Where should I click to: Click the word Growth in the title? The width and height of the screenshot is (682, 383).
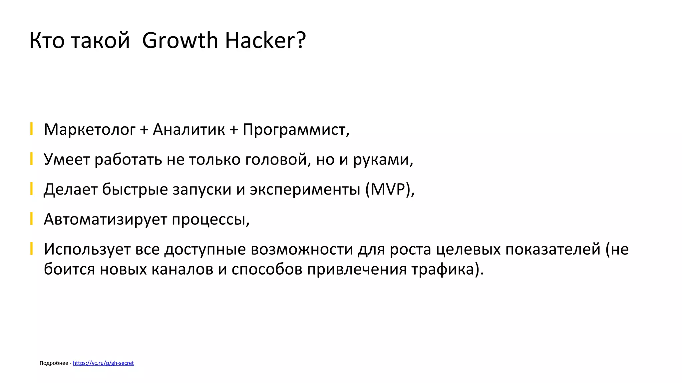pos(180,41)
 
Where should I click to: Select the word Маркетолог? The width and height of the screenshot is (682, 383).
pos(90,129)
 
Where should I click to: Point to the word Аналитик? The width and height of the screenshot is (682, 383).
pos(189,129)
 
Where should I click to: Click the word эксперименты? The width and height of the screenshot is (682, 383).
pos(305,190)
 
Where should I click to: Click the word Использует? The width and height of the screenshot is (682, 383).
pos(87,249)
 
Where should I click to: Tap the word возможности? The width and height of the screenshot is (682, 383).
pos(302,249)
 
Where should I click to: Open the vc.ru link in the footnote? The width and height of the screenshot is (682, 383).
pos(103,363)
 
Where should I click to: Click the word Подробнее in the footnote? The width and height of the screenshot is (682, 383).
pos(54,363)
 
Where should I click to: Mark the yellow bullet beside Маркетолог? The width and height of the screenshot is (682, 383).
pos(31,129)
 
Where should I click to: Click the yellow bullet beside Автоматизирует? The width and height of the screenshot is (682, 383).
pos(31,218)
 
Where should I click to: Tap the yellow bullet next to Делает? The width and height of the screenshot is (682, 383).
pos(31,189)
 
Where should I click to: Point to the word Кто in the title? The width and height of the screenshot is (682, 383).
pos(47,41)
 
